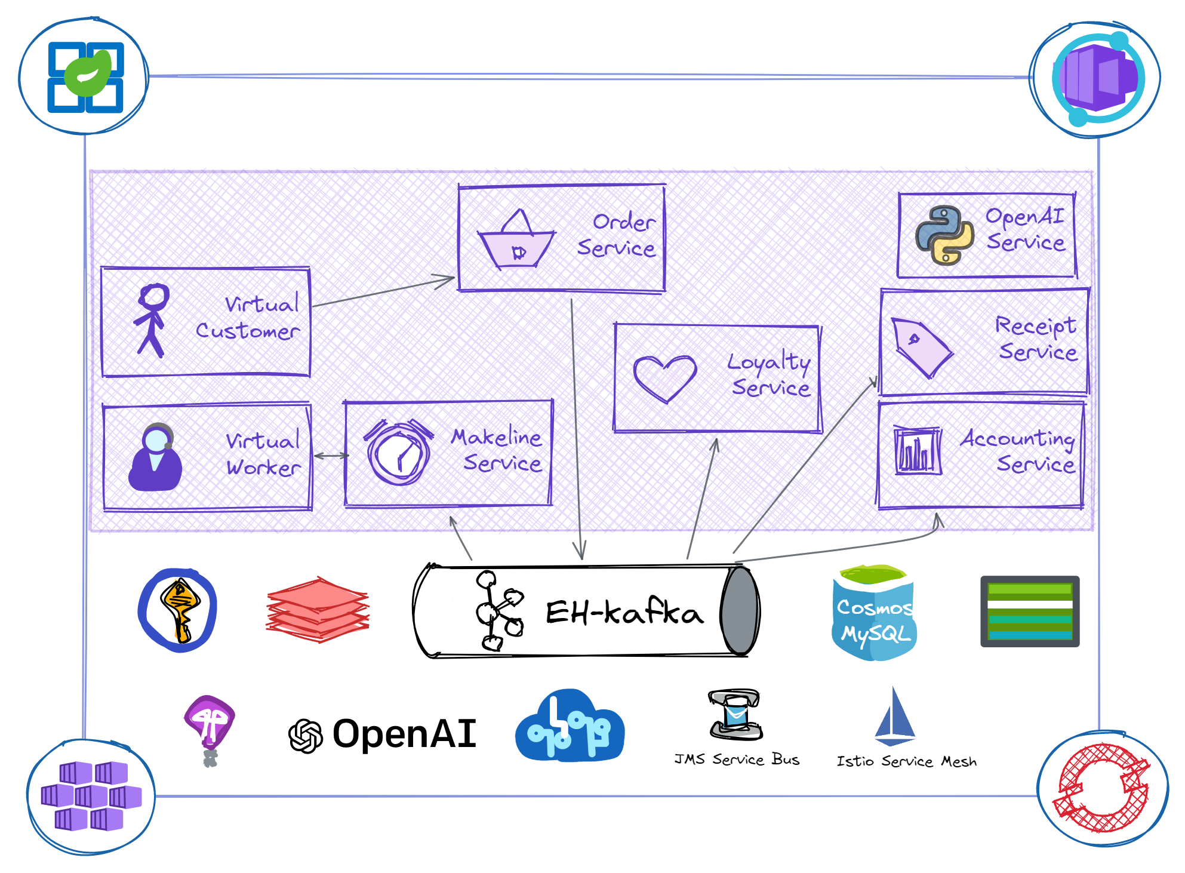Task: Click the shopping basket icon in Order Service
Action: click(x=517, y=241)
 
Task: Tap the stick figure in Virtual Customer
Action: click(x=152, y=320)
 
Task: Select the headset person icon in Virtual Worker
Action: click(x=155, y=457)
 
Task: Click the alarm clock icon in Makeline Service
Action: click(x=399, y=453)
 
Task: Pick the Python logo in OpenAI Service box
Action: click(x=944, y=235)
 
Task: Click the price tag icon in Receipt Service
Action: click(x=920, y=347)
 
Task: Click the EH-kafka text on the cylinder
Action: click(x=624, y=613)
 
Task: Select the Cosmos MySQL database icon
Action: click(x=875, y=613)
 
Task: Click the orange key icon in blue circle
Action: click(x=178, y=610)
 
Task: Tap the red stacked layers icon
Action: click(x=318, y=610)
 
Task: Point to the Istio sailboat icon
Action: click(x=894, y=717)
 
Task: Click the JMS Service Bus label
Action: click(x=737, y=760)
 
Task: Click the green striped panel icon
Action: click(x=1030, y=611)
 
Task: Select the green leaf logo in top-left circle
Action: click(x=88, y=74)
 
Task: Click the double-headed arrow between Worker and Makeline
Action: click(x=331, y=456)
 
